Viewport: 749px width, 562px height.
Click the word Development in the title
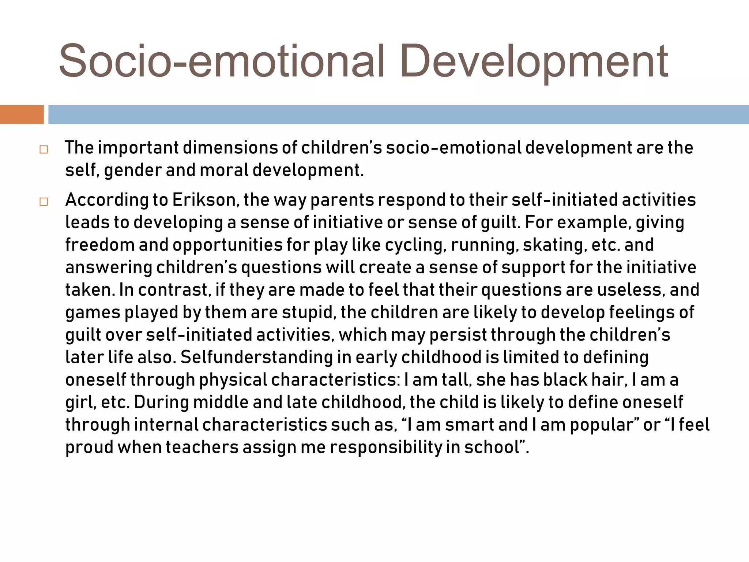point(534,61)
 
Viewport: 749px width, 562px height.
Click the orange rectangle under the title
point(22,114)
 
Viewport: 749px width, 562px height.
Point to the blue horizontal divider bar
point(399,114)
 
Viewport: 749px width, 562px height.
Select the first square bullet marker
point(44,150)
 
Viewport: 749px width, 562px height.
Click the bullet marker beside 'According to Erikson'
point(44,202)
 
